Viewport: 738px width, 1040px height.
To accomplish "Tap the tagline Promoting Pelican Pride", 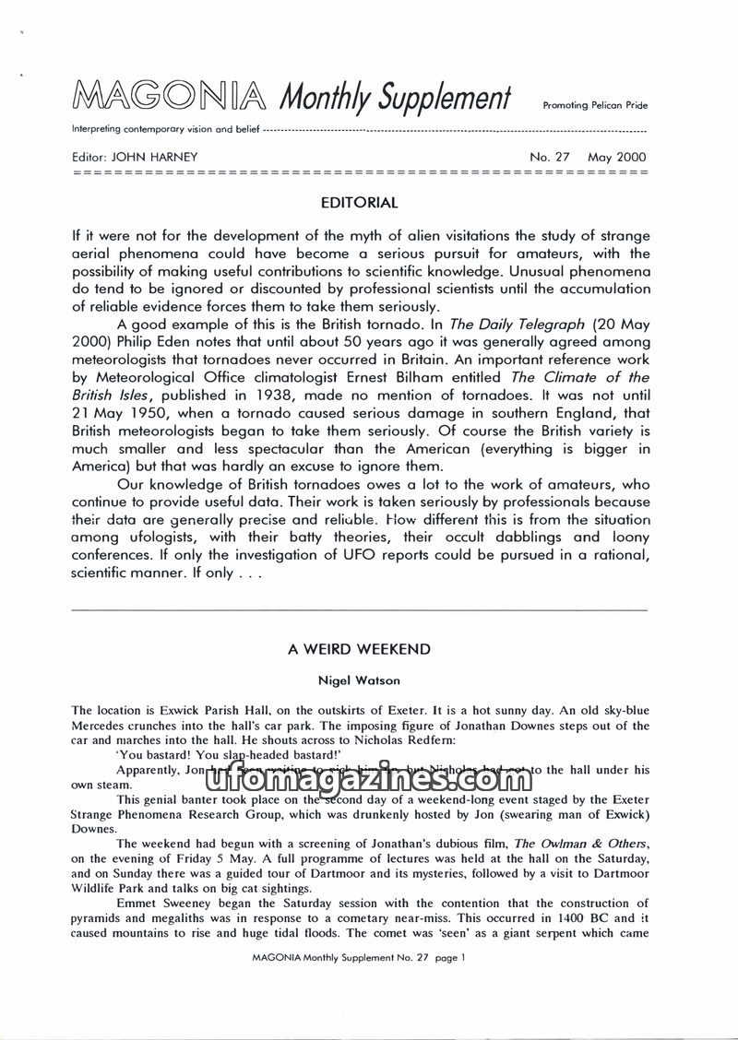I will [x=595, y=106].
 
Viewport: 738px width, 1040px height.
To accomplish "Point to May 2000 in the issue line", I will [x=617, y=157].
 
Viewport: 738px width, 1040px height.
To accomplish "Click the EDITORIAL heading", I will [x=359, y=202].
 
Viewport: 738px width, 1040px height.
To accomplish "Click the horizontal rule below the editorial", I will [x=359, y=610].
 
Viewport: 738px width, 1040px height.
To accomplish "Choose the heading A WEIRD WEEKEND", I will [x=359, y=649].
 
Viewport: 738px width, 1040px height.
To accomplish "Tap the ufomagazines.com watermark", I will [x=360, y=780].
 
